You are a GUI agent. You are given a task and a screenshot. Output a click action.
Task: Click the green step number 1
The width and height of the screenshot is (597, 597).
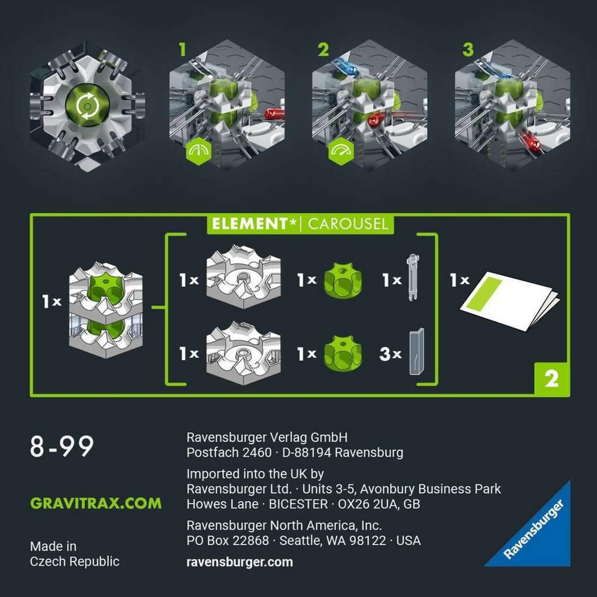(x=183, y=50)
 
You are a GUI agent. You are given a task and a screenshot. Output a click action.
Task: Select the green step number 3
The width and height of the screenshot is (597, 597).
(x=468, y=50)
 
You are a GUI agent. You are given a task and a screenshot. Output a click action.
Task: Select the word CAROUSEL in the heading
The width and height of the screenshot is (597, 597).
(x=348, y=224)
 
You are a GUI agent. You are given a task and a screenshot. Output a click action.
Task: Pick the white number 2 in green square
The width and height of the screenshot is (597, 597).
(x=551, y=379)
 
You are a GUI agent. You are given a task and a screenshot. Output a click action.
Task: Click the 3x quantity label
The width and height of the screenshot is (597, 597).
(x=390, y=354)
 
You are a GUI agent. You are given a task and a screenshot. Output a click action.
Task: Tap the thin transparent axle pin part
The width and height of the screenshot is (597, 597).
(x=412, y=279)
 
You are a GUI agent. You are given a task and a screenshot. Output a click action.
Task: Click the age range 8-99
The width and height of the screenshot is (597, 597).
(x=62, y=446)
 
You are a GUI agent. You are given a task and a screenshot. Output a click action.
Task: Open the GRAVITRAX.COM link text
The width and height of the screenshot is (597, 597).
(x=96, y=503)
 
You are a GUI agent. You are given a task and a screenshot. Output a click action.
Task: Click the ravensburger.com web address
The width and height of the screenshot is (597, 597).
(x=239, y=562)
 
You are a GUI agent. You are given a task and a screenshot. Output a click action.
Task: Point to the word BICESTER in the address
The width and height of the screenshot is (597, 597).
(x=298, y=504)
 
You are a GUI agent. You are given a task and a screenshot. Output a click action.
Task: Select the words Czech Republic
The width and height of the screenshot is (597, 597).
(x=75, y=561)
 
